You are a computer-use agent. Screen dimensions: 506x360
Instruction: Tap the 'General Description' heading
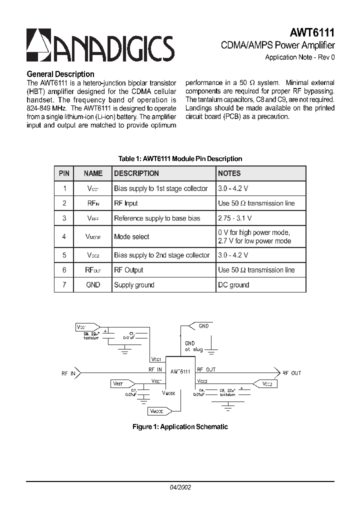pos(60,74)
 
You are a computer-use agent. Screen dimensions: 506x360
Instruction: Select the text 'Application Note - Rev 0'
pos(299,57)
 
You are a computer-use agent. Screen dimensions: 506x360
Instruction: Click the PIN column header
pos(64,173)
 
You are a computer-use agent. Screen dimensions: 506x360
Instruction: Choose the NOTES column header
pos(229,173)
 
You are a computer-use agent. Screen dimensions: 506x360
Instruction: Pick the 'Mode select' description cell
pos(131,236)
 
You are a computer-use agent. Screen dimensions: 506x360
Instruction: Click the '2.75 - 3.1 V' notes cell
pos(235,218)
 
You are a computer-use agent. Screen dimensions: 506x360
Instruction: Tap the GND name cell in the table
pos(93,284)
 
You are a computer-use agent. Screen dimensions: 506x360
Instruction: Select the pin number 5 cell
pos(64,255)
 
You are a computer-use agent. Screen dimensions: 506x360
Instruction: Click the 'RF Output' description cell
pos(128,270)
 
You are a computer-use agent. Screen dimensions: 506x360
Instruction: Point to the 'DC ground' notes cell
pos(233,284)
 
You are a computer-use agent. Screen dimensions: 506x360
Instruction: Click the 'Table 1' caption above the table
pos(180,158)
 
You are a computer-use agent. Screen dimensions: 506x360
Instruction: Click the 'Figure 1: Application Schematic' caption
pos(180,426)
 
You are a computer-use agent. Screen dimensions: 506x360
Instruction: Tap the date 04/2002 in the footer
pos(180,486)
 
